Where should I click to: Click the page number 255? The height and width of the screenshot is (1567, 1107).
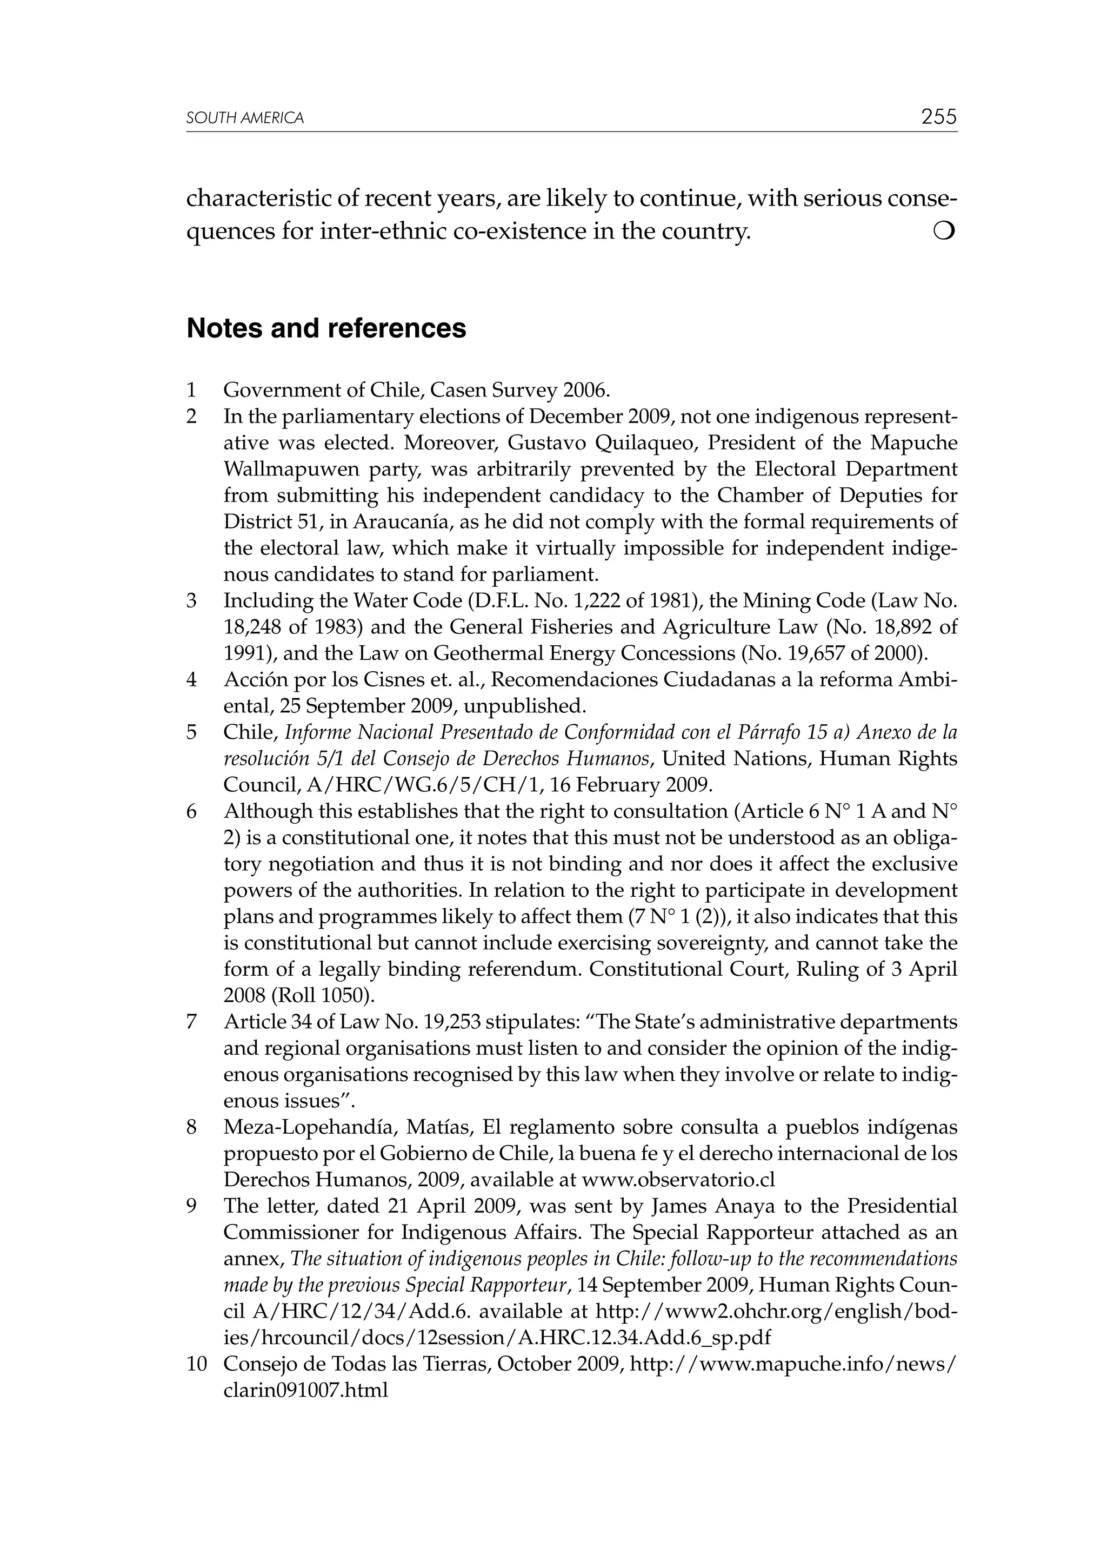938,117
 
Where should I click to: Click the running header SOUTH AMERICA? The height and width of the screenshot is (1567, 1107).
245,119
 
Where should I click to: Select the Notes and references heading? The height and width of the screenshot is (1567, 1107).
326,329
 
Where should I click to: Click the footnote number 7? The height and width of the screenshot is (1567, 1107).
192,1022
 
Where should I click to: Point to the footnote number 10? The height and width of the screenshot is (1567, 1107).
196,1364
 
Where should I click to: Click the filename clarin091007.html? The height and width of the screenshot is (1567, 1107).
305,1390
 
